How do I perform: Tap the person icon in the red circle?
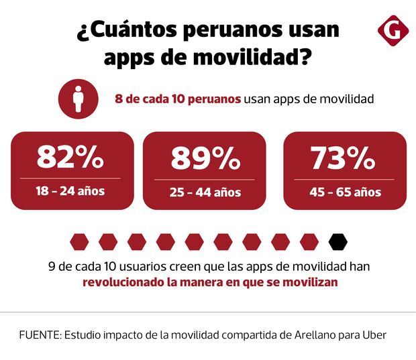[x=79, y=99]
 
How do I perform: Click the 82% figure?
[x=70, y=159]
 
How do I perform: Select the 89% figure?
[x=205, y=160]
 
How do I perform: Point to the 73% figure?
[x=343, y=159]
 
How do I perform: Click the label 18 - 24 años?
[x=70, y=191]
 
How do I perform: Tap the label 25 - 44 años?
[x=205, y=192]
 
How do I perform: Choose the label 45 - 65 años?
[x=346, y=192]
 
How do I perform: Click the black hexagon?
[x=338, y=240]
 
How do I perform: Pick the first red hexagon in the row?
[x=79, y=240]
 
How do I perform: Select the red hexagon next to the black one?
[x=309, y=240]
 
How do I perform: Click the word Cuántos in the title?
[x=128, y=31]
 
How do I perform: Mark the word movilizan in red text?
[x=312, y=282]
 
